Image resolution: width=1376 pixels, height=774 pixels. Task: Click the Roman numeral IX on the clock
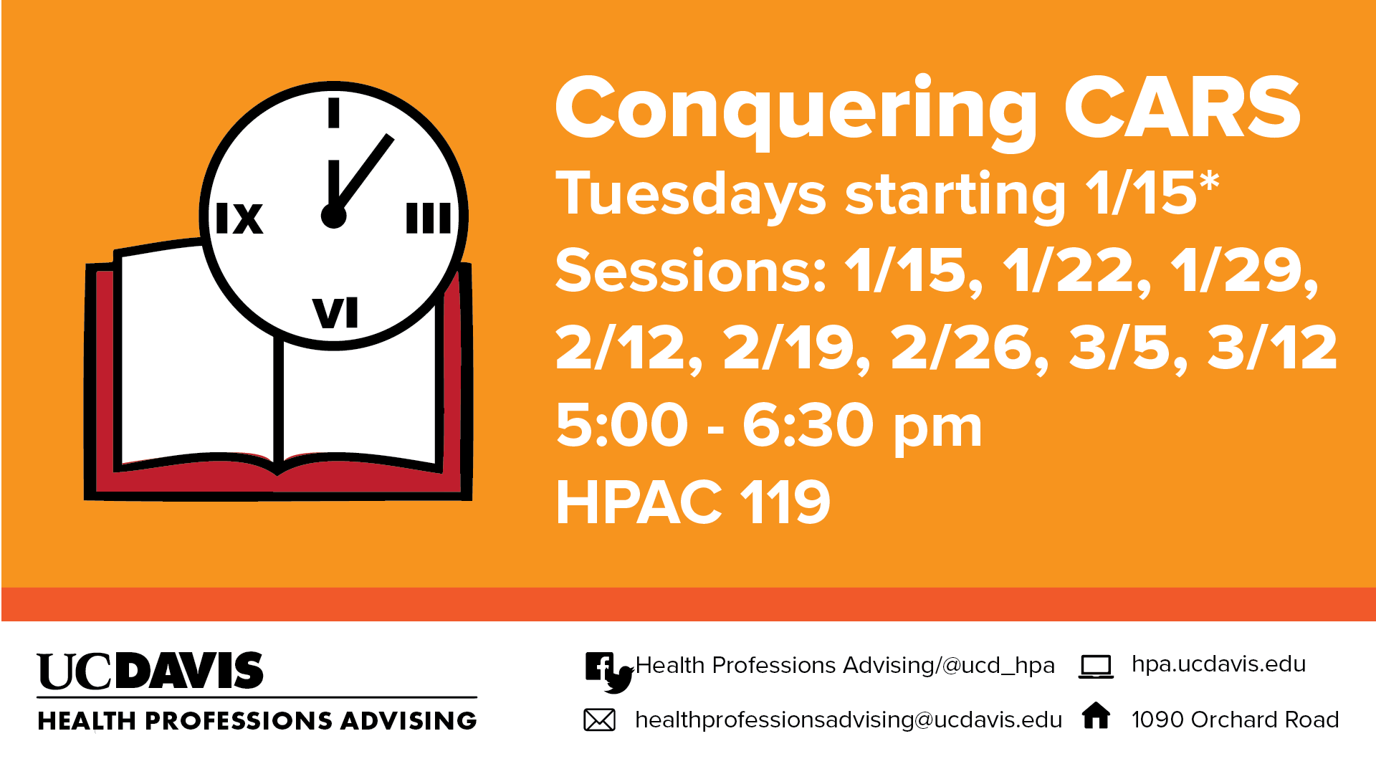coord(239,218)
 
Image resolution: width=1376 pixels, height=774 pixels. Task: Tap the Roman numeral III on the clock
coord(429,218)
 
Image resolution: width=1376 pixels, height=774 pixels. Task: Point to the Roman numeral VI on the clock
coord(335,312)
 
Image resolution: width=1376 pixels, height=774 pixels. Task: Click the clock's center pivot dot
coord(334,216)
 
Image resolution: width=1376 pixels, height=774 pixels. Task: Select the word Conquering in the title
coord(795,111)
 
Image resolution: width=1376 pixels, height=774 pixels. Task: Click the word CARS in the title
coord(1182,107)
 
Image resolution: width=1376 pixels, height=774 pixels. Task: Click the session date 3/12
coord(1272,348)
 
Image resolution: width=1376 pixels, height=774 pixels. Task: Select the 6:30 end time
coord(808,425)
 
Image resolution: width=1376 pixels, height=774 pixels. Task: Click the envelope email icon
coord(599,720)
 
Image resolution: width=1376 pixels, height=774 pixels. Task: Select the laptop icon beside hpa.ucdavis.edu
coord(1096,666)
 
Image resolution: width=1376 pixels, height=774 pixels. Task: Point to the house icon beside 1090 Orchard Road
coord(1096,715)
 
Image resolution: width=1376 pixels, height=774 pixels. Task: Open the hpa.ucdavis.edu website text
coord(1218,664)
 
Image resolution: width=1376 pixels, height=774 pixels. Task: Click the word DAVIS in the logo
coord(189,671)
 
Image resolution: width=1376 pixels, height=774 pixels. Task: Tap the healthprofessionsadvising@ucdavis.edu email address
coord(849,720)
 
